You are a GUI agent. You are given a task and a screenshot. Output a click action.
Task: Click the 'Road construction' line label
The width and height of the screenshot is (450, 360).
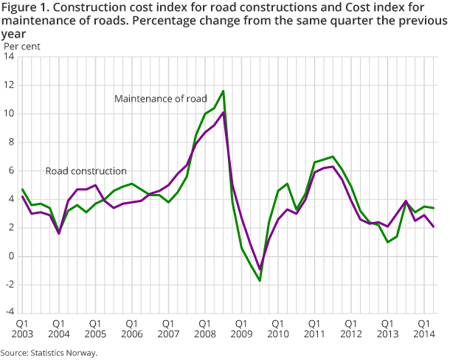86,170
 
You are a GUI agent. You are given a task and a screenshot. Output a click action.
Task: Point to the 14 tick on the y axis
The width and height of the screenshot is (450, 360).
10,57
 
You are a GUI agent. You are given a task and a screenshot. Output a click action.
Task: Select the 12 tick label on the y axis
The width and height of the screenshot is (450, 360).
10,86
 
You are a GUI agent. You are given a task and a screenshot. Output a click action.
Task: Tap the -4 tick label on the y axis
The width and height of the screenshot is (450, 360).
10,313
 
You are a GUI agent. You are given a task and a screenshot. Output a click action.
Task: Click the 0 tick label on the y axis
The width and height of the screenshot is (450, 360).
12,256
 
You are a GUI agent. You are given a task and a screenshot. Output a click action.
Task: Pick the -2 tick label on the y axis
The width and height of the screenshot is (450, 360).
10,285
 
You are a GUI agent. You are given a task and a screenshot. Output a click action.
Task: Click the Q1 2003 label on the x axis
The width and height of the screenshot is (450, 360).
22,328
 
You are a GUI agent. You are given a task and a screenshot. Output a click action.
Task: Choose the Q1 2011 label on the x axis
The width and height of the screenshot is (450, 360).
314,328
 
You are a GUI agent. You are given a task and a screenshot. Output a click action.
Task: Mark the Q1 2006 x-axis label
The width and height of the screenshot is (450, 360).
131,328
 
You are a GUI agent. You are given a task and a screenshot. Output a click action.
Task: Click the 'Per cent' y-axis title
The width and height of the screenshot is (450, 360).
22,46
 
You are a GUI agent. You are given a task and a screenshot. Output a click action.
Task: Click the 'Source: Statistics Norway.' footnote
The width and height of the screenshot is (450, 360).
49,353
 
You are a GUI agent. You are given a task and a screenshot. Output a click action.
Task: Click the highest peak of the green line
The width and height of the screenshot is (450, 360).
224,91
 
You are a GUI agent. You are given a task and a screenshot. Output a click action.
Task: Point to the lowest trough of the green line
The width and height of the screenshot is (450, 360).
260,281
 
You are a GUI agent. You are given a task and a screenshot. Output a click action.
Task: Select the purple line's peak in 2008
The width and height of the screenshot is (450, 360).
224,112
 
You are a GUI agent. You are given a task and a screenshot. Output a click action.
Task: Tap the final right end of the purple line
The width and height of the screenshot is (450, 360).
433,226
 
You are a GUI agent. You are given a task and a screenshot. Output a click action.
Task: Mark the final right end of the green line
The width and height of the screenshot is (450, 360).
433,208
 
